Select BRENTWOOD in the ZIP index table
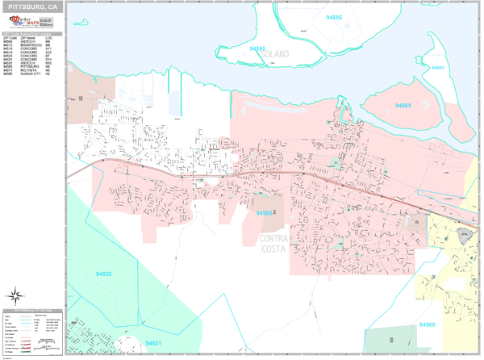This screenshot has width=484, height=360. pos(29,44)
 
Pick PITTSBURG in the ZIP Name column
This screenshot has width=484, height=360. pos(29,66)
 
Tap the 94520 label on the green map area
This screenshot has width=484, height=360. pos(102,274)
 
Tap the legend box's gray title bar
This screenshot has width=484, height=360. pos(31,310)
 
